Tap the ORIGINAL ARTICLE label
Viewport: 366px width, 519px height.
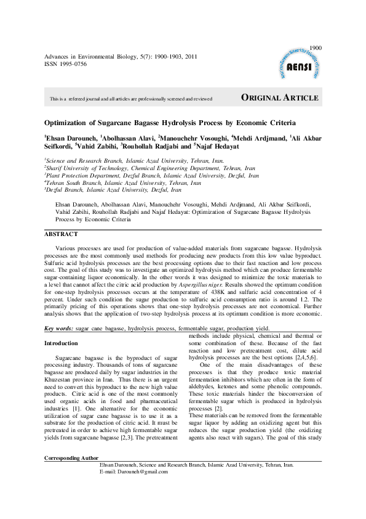pos(279,98)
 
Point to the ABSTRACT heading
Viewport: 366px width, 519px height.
pos(61,234)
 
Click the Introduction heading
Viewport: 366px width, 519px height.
pos(61,343)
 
